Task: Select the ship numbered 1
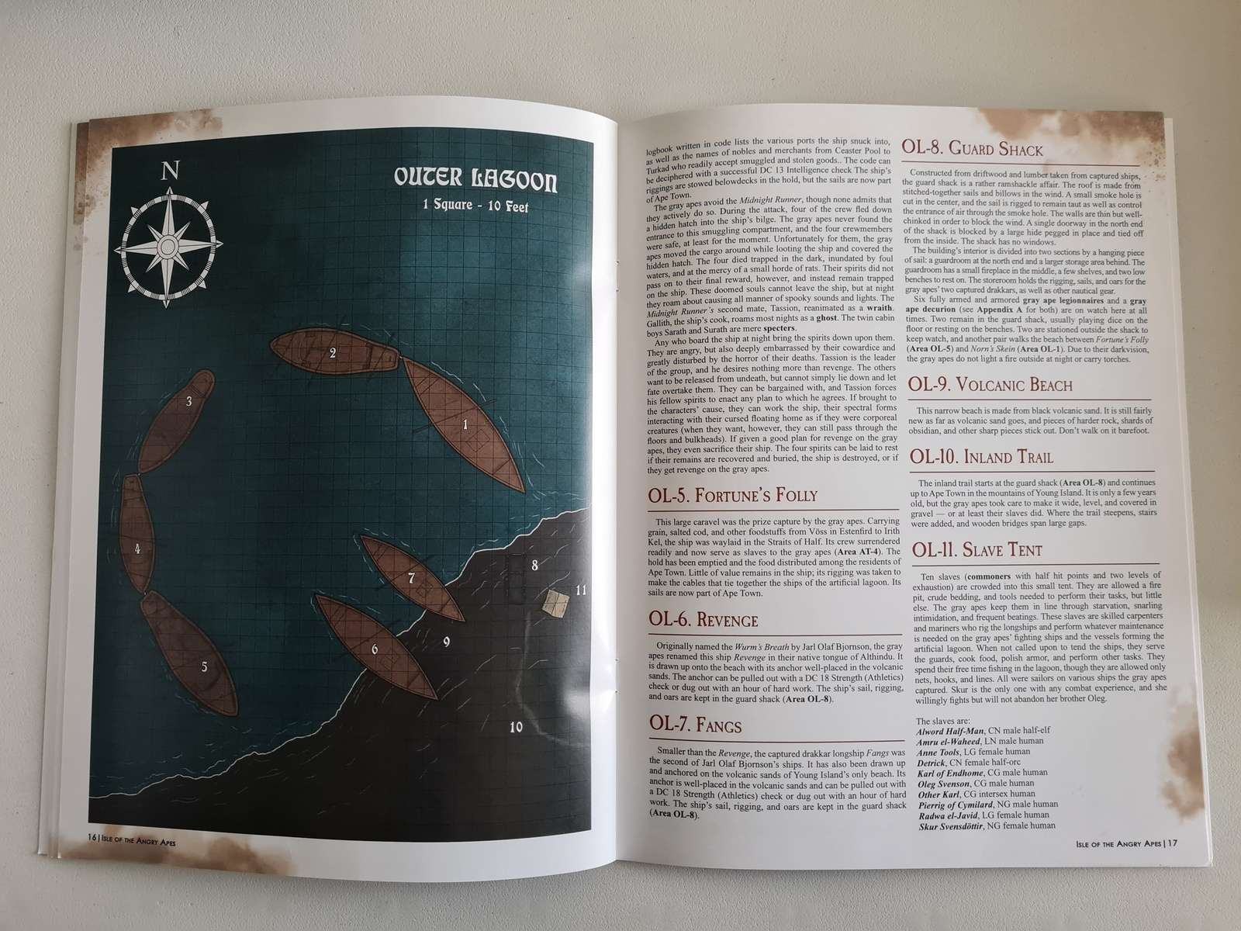pyautogui.click(x=462, y=423)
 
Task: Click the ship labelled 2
pyautogui.click(x=334, y=355)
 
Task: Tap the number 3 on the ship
pyautogui.click(x=188, y=401)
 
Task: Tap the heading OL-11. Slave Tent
pyautogui.click(x=977, y=551)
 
